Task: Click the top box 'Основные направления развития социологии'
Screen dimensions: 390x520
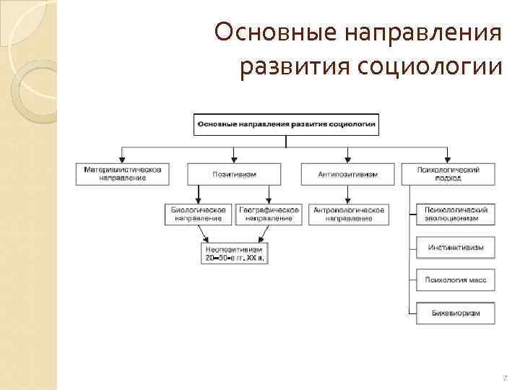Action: point(286,124)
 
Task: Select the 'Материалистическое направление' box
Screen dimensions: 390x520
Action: point(123,174)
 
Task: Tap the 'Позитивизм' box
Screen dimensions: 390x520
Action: point(234,174)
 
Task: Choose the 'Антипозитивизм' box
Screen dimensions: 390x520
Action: point(348,174)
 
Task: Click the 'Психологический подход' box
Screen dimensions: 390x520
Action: point(448,174)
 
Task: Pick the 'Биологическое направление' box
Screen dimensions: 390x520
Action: point(198,214)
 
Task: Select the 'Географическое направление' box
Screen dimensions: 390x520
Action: point(268,214)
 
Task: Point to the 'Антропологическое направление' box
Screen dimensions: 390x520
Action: point(348,214)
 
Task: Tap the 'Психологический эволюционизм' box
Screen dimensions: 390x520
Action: point(456,214)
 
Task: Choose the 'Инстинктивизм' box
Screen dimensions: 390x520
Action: point(456,247)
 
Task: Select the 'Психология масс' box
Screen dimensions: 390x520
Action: point(456,279)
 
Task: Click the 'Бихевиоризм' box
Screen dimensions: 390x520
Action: point(456,313)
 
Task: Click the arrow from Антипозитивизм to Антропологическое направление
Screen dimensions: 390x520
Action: point(348,194)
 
